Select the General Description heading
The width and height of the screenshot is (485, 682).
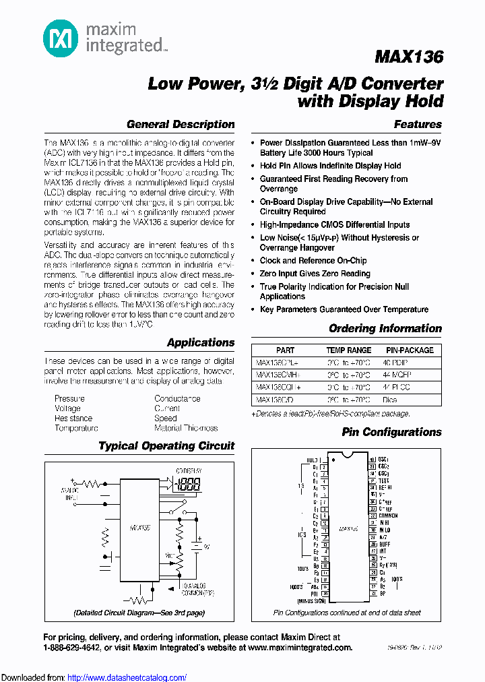pyautogui.click(x=181, y=124)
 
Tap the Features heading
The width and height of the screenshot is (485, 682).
pyautogui.click(x=418, y=124)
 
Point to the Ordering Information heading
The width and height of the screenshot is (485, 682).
pyautogui.click(x=385, y=328)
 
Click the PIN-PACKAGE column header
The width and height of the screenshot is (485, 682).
pyautogui.click(x=410, y=350)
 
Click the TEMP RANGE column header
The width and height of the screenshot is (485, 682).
pyautogui.click(x=349, y=350)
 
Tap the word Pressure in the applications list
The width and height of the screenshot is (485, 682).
pyautogui.click(x=70, y=398)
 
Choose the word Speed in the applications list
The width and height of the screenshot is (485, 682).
pyautogui.click(x=166, y=418)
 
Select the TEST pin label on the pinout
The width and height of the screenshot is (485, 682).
pyautogui.click(x=385, y=481)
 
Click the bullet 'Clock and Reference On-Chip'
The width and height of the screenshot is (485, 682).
pyautogui.click(x=313, y=260)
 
